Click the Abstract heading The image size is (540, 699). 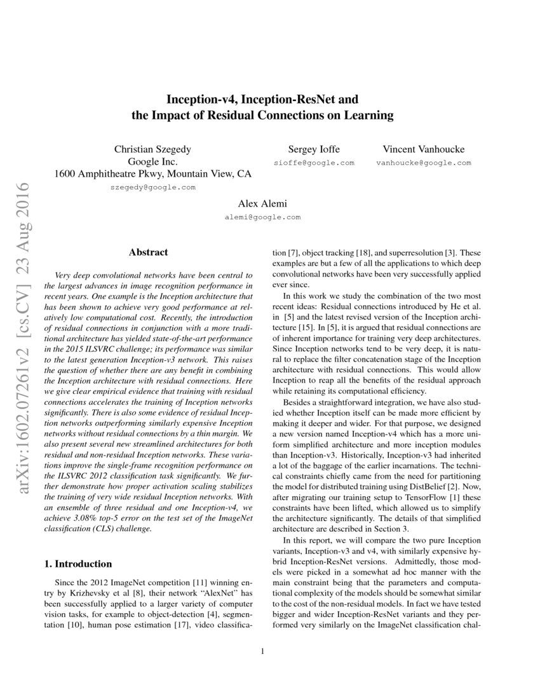point(148,252)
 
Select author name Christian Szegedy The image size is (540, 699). point(152,149)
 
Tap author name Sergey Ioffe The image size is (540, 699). point(314,149)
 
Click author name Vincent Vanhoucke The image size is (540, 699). point(423,149)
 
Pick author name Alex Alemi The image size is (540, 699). point(262,204)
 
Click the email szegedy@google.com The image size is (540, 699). point(152,187)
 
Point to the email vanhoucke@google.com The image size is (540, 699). point(423,163)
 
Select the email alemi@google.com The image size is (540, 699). point(262,217)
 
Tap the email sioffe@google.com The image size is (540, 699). point(314,163)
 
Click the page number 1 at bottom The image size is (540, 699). point(262,651)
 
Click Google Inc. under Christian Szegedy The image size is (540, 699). point(152,161)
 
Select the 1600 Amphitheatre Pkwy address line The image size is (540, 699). point(152,173)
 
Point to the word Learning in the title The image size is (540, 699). point(370,115)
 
